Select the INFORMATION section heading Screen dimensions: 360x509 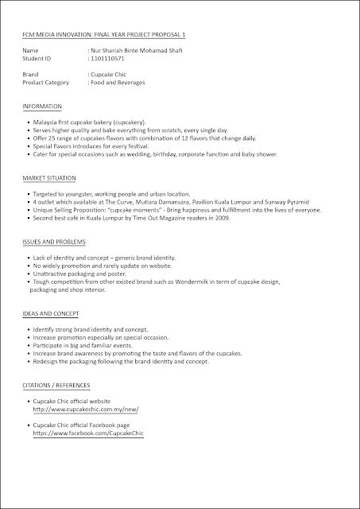44,106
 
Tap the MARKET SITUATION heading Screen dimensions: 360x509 49,178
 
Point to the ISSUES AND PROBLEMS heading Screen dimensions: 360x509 55,241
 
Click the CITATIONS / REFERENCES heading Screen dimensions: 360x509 56,385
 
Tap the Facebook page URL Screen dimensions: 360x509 88,435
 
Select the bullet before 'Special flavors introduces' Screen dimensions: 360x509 29,147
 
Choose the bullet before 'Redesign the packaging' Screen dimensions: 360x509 29,362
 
